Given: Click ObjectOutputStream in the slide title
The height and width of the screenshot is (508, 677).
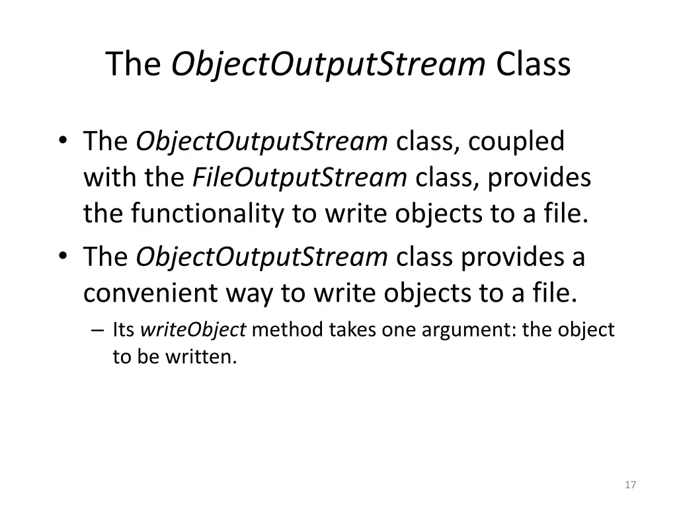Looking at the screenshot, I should point(329,64).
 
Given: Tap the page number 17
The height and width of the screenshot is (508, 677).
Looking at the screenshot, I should point(630,485).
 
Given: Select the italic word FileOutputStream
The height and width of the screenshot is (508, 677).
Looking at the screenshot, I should point(299,177).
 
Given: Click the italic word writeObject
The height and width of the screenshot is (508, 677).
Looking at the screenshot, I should point(194,329).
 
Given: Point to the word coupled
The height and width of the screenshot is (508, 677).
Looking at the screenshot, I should point(518,141).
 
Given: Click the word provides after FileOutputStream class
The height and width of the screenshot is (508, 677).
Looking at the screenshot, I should point(547,177).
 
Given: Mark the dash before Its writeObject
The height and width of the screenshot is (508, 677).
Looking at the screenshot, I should point(99,329).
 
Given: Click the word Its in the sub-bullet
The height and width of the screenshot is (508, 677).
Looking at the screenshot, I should point(124,329).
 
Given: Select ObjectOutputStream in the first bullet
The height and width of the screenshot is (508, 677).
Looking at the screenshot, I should point(262,141).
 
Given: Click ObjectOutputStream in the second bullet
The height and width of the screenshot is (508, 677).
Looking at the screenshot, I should point(262,257).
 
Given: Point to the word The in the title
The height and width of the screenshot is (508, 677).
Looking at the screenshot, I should point(134,64).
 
